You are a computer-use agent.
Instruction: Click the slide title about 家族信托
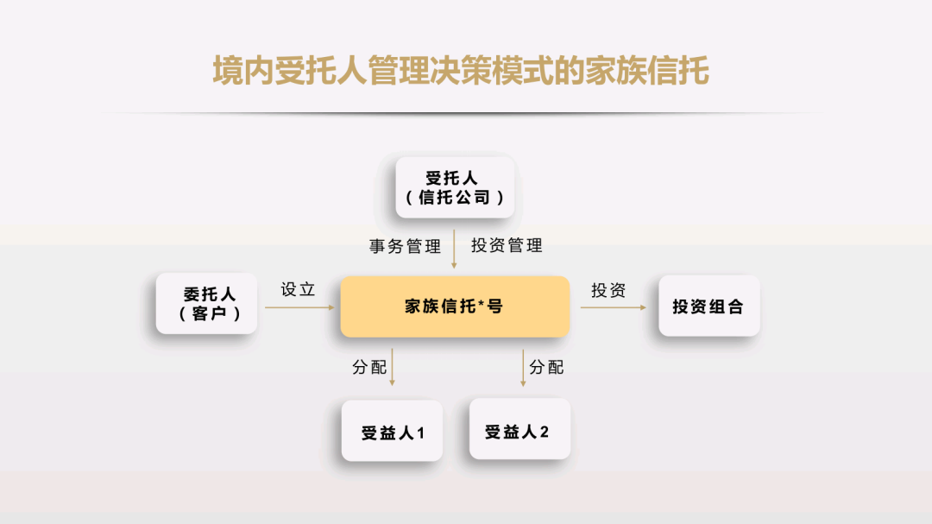461,71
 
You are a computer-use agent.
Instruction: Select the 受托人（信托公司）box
455,187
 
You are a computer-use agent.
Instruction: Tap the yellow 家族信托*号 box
455,306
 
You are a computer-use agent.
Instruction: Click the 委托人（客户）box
206,303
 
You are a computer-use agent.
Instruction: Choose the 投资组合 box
709,306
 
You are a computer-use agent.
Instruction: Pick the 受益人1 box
392,431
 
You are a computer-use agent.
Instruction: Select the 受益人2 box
520,429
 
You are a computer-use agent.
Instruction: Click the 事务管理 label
405,246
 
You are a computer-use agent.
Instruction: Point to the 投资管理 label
507,245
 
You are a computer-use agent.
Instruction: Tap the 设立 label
298,290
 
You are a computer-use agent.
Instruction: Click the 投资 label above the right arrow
608,290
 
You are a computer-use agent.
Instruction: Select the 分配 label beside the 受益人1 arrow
369,367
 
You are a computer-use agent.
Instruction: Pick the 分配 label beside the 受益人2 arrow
546,367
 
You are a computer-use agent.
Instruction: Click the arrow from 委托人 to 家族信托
299,307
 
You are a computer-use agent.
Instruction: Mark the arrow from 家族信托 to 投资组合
614,307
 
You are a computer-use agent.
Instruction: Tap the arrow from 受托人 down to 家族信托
454,249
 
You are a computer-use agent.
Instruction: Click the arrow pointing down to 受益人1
393,368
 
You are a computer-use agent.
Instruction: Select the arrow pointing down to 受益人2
523,368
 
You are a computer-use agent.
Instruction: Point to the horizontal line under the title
461,112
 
